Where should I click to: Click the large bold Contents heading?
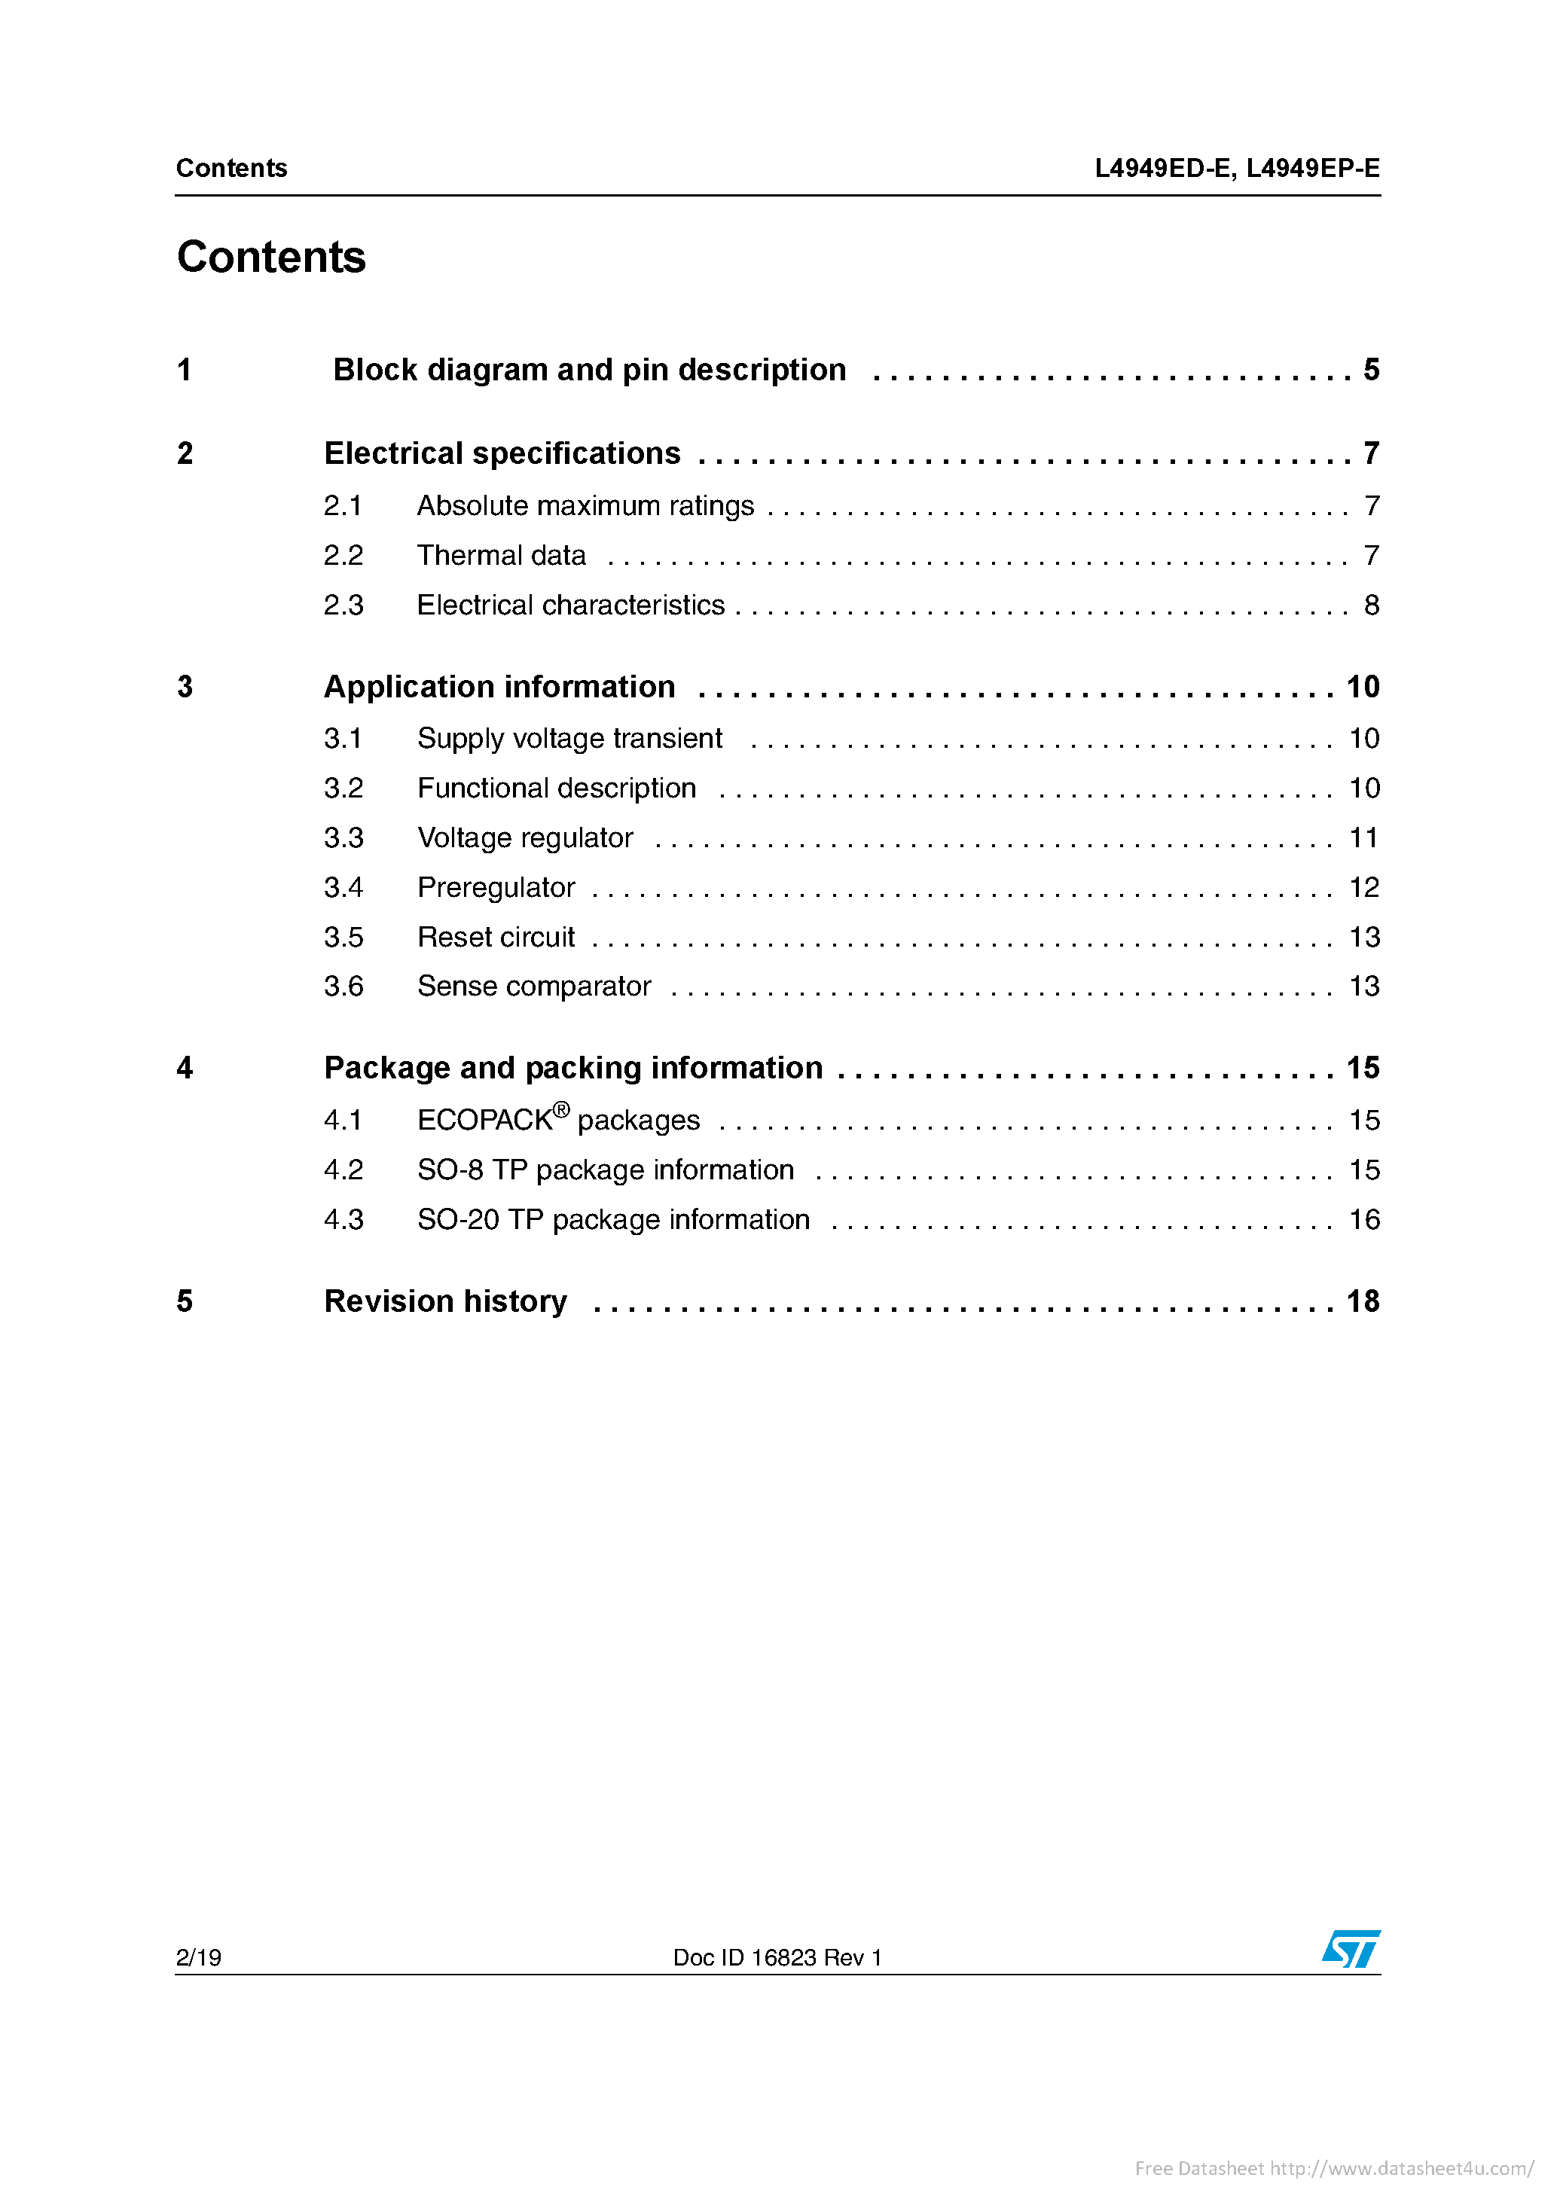pos(271,257)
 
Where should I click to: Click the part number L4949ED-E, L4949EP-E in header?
pos(1237,169)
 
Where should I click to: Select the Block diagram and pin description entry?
pos(589,371)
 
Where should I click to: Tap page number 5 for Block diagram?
pos(1371,371)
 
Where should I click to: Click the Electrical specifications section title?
pos(502,453)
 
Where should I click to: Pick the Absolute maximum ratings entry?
pos(585,506)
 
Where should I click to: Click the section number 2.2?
pos(343,557)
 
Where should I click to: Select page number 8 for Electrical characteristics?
pos(1371,605)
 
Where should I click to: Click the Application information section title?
pos(499,688)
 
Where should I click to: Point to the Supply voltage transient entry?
pos(569,739)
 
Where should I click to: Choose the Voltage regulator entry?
pos(525,838)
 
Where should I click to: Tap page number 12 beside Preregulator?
pos(1363,888)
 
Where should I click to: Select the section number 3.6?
pos(343,987)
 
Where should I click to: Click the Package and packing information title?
pos(572,1069)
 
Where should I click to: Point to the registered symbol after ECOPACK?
pos(561,1109)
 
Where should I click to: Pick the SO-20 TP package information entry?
pos(613,1220)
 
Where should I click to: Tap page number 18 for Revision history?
pos(1362,1301)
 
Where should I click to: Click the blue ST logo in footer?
pos(1351,1949)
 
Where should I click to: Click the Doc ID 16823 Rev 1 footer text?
pos(777,1957)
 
